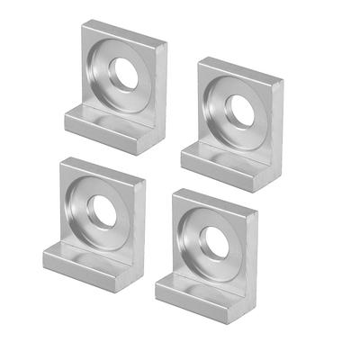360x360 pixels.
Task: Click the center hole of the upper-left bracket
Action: tap(126, 76)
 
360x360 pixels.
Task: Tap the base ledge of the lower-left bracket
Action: tap(81, 265)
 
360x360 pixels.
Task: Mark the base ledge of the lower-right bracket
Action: tap(193, 292)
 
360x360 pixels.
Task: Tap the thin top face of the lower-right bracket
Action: tap(216, 200)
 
